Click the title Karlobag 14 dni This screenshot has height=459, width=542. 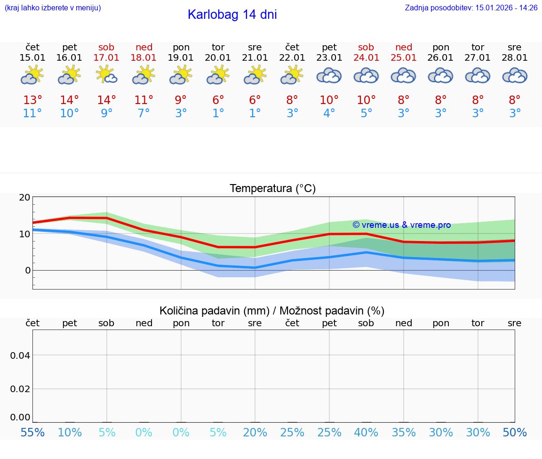[232, 15]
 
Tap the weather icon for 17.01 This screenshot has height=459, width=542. [106, 75]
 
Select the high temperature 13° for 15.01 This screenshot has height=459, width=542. [32, 100]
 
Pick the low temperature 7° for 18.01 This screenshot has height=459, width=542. [143, 113]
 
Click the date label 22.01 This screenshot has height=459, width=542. [292, 58]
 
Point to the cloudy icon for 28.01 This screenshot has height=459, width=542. [515, 75]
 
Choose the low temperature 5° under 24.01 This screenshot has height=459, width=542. [366, 113]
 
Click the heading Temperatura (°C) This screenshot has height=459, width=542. [272, 189]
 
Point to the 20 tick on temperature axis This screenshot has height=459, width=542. [24, 198]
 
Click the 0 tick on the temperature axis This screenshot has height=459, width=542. [28, 270]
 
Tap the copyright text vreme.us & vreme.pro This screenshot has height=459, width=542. [402, 225]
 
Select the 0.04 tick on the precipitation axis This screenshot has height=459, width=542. [20, 355]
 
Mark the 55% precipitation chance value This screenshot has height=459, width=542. [33, 433]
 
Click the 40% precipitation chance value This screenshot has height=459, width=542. [366, 433]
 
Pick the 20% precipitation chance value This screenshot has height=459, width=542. [255, 433]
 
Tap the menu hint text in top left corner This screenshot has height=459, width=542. [53, 8]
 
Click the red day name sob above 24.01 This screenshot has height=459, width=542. [366, 47]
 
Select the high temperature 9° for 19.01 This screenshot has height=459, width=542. [181, 100]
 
